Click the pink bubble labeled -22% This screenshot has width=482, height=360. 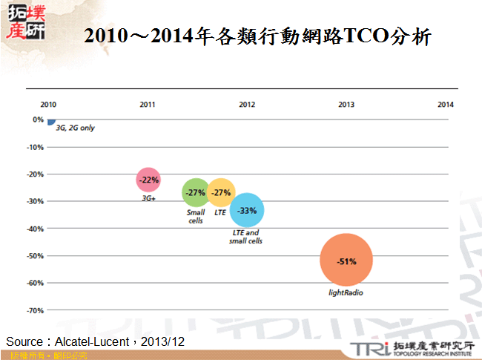(148, 180)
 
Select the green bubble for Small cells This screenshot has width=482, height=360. (195, 193)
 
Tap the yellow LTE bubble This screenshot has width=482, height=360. (221, 193)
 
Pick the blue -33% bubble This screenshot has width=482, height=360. (246, 211)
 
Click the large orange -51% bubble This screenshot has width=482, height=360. (346, 261)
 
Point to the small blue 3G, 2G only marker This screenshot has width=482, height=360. (50, 121)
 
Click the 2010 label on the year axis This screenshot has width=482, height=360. (48, 105)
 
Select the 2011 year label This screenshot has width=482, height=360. (148, 105)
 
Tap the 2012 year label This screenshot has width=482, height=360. (247, 105)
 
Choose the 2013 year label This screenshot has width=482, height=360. (346, 105)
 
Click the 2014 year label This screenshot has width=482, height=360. (445, 105)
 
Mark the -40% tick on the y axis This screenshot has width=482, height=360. (34, 229)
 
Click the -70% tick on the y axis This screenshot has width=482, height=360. (34, 310)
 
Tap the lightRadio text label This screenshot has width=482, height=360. (346, 293)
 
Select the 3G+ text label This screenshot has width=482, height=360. (148, 198)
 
